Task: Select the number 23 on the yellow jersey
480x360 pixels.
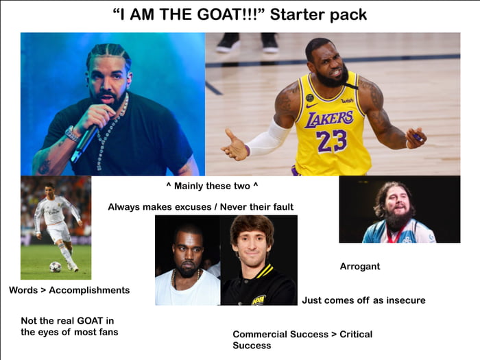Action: coord(332,141)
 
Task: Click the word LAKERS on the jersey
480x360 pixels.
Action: coord(330,119)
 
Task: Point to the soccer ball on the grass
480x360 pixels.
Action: coord(55,267)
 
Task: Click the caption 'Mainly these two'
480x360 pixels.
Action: coord(216,187)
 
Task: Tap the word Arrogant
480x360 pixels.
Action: coord(360,266)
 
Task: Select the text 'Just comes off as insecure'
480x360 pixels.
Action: coord(363,300)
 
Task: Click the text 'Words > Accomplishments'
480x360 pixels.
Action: coord(69,290)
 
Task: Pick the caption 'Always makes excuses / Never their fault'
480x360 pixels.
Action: coord(200,206)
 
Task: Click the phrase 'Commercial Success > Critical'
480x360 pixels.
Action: coord(302,334)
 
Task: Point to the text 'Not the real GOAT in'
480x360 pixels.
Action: coord(67,320)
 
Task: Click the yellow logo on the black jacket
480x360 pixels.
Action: coord(258,299)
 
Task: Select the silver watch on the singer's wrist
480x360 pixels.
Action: coord(71,132)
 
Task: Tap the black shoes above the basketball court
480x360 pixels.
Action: coord(248,43)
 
